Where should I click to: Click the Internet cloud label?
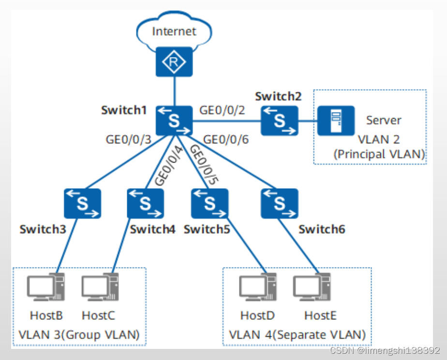coord(174,32)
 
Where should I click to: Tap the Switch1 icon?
coord(174,120)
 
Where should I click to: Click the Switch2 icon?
coord(279,120)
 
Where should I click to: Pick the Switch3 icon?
coord(82,203)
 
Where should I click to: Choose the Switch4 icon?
coord(145,203)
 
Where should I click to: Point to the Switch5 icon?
coord(209,203)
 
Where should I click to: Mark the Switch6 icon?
coord(279,203)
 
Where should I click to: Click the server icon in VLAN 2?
coord(336,120)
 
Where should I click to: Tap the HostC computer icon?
coord(99,288)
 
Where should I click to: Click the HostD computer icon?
coord(258,288)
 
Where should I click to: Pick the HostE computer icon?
coord(313,288)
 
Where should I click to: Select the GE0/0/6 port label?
coord(226,140)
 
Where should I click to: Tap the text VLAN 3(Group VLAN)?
coord(79,334)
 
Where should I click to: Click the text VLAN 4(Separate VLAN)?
coord(297,334)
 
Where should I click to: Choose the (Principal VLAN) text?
coord(379,154)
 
